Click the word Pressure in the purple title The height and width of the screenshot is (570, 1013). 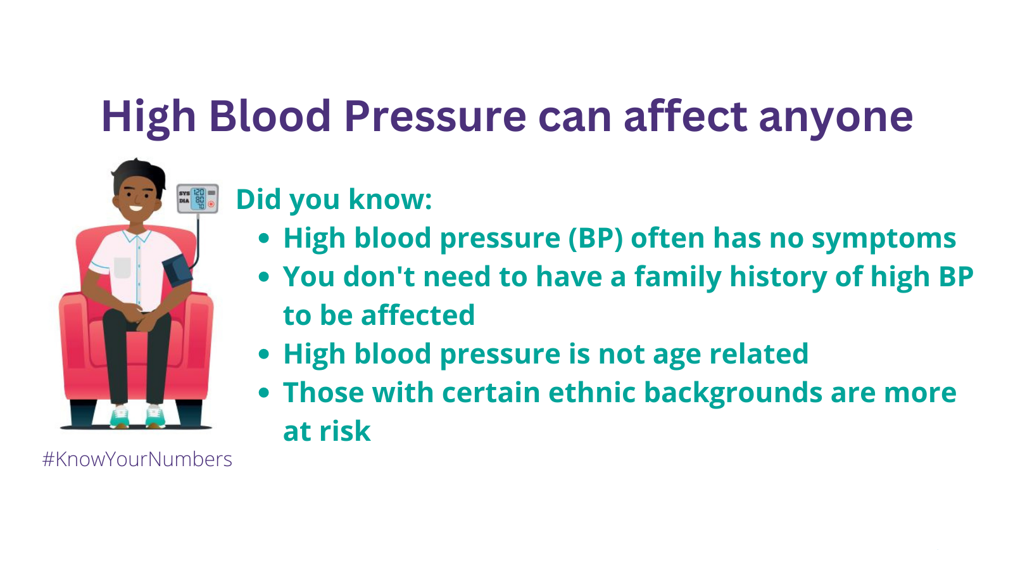(x=435, y=117)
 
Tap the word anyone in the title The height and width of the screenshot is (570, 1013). (x=836, y=120)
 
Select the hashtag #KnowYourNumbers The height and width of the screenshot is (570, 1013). (x=137, y=459)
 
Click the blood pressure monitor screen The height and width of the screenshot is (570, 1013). (x=199, y=199)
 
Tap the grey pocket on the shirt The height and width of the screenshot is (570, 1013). (x=122, y=267)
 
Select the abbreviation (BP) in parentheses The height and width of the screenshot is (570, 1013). (x=595, y=238)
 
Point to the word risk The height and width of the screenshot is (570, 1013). (x=345, y=431)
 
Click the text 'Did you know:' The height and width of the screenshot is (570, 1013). (x=334, y=199)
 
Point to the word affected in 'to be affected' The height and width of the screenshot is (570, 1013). (x=418, y=315)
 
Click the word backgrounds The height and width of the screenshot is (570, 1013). (x=733, y=393)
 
